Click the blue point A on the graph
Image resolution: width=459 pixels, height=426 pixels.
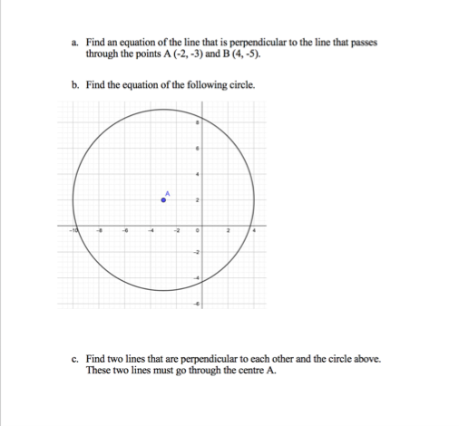164,198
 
